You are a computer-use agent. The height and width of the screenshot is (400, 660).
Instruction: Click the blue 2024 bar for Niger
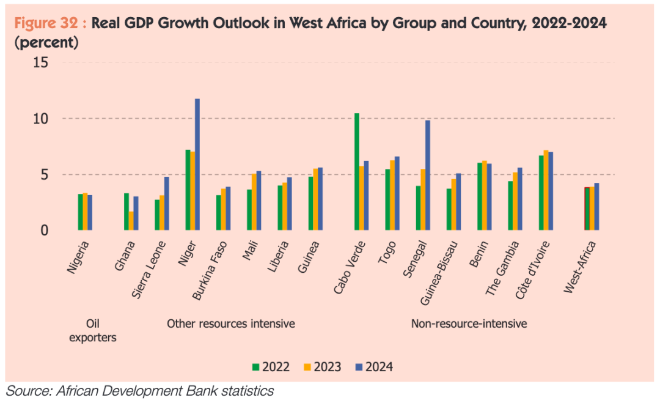[197, 165]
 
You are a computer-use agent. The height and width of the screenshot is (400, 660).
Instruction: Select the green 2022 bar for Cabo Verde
[357, 172]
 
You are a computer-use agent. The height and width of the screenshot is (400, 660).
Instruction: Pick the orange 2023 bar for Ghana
[131, 221]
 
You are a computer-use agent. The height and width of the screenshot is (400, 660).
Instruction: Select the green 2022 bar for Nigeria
[80, 212]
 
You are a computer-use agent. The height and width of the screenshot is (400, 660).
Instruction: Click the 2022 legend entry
[271, 367]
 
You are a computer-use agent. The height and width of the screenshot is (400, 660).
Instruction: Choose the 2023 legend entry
[322, 367]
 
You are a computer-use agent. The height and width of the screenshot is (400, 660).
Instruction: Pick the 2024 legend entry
[374, 367]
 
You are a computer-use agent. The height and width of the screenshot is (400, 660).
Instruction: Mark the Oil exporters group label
[92, 330]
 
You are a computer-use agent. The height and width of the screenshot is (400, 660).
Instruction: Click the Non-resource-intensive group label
[469, 324]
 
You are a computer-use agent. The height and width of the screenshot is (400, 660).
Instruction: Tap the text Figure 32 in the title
[46, 24]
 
